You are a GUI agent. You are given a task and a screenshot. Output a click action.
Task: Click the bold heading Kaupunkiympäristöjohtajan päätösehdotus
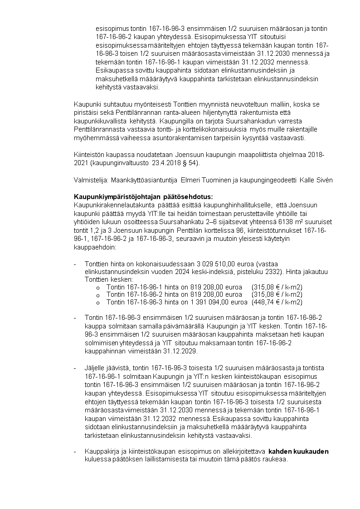point(143,196)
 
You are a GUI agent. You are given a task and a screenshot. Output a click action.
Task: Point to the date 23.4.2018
point(161,162)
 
